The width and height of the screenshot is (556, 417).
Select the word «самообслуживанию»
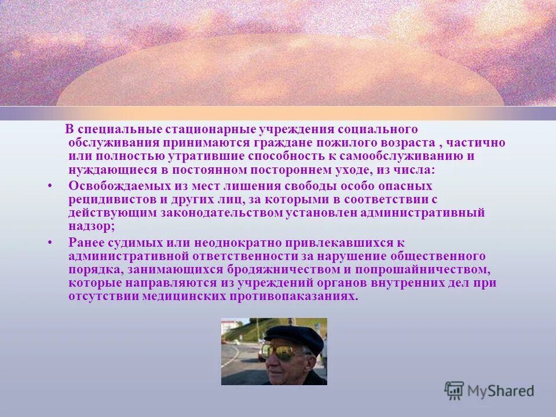[x=406, y=156]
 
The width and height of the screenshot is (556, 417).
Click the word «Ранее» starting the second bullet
[x=86, y=242]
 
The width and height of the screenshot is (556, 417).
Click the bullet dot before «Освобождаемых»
[x=50, y=186]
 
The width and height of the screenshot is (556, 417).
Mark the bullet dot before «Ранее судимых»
[x=50, y=242]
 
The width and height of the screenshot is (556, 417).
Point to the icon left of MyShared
[x=454, y=390]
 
